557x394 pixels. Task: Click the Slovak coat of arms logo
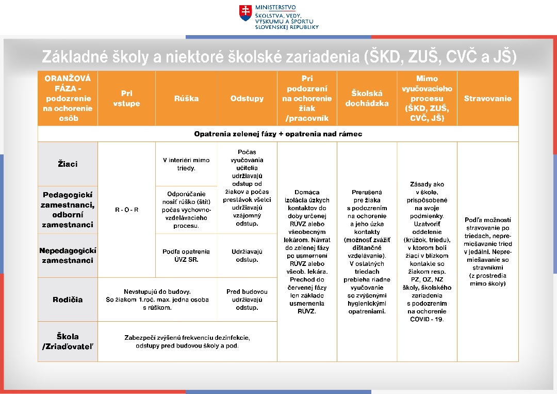[245, 13]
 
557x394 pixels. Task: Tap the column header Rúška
[186, 99]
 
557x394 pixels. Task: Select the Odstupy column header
[247, 99]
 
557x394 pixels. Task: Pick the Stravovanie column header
[487, 99]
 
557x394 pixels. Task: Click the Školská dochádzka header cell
[367, 98]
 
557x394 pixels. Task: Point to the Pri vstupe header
[126, 99]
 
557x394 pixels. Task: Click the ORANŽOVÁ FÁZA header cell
[68, 98]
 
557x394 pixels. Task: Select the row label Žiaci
[68, 164]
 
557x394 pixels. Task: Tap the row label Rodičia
[68, 300]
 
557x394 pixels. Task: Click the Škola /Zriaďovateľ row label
[68, 341]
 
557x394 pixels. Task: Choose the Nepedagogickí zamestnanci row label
[68, 255]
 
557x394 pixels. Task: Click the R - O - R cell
[126, 210]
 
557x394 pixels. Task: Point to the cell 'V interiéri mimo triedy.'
[186, 164]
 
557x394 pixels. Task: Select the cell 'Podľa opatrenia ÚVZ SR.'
[186, 255]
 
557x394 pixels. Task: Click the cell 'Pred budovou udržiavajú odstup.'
[247, 300]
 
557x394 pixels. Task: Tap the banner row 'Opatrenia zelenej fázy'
[278, 134]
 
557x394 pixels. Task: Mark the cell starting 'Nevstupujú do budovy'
[157, 300]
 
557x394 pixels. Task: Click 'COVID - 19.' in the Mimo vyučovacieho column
[427, 319]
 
